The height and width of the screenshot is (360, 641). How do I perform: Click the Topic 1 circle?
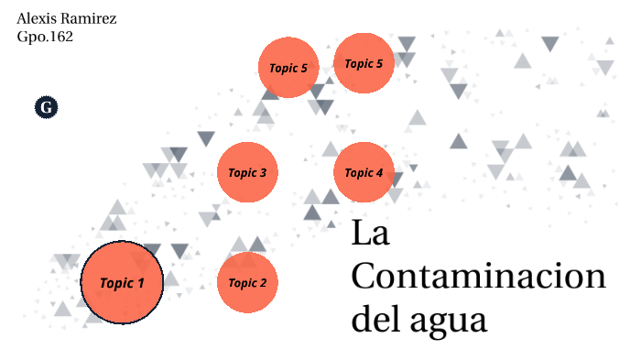(122, 282)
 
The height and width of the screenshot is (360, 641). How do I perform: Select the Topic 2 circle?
(247, 282)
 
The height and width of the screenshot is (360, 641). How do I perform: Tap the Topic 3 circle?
(247, 172)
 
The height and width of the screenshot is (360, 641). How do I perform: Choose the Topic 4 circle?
(364, 172)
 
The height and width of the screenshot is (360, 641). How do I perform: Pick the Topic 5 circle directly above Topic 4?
(364, 63)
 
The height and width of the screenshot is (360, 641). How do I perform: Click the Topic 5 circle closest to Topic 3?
(288, 67)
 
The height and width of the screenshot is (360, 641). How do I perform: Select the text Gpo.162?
(45, 38)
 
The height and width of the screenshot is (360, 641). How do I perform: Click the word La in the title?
(371, 234)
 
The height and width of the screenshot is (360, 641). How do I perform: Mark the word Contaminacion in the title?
(478, 277)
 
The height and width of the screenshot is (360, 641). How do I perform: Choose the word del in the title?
(375, 320)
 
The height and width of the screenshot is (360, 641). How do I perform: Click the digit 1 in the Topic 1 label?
(141, 282)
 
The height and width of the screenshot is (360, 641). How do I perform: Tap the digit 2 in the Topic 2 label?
(263, 282)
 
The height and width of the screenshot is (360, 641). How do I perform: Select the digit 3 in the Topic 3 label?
(263, 172)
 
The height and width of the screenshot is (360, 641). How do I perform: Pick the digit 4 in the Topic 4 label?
(379, 172)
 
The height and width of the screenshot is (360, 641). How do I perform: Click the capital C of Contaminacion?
(365, 277)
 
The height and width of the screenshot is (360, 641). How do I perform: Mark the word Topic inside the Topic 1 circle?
(115, 283)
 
